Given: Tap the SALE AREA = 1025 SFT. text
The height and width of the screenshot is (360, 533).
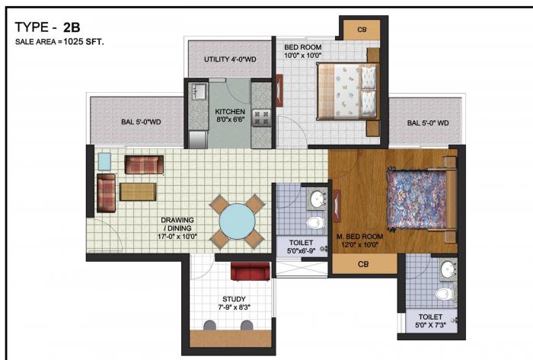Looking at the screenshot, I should click(59, 42).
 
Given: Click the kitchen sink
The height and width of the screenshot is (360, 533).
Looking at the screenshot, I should click(199, 92).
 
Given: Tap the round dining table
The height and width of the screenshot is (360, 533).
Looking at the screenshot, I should click(237, 221).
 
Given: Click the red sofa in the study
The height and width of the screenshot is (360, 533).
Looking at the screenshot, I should click(250, 272).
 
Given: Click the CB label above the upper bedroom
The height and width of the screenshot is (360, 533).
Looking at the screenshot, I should click(362, 30).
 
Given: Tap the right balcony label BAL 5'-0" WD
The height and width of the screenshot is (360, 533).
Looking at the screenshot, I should click(427, 123).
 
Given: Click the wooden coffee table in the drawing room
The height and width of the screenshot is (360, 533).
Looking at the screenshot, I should click(138, 191).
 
